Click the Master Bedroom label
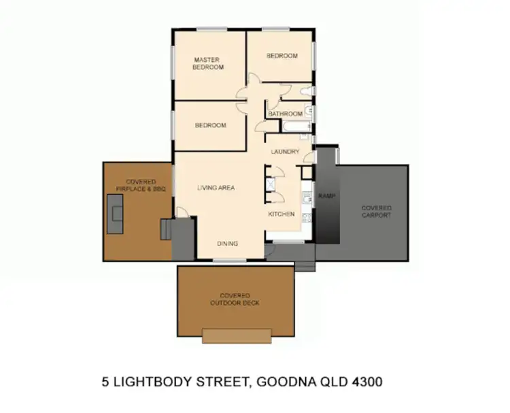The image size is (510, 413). (207, 63)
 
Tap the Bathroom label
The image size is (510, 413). (284, 114)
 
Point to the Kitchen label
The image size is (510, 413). (281, 214)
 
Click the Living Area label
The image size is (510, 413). (216, 187)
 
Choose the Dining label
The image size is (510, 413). (227, 244)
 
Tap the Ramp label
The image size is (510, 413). (327, 195)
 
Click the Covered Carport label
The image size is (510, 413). (376, 211)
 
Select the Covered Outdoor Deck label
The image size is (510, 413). (235, 299)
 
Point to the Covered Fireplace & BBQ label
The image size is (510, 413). (141, 185)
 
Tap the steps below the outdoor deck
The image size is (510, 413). (237, 335)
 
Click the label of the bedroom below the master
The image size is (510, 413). (210, 125)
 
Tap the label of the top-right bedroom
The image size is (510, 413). (282, 56)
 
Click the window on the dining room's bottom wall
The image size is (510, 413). (227, 260)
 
